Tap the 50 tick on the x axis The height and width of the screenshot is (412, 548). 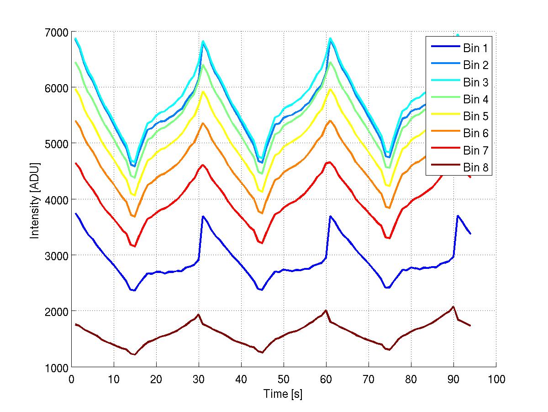(x=284, y=379)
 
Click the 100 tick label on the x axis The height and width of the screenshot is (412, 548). (x=496, y=379)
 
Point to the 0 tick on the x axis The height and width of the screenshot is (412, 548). (x=71, y=379)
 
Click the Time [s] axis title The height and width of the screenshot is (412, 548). (x=283, y=394)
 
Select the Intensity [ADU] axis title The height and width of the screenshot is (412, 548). (x=34, y=199)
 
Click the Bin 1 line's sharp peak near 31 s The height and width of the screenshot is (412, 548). (x=203, y=216)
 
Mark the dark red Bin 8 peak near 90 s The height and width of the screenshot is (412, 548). (x=453, y=307)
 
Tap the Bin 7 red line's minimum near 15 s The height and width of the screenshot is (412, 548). (x=135, y=246)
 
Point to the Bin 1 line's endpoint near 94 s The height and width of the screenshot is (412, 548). (x=470, y=234)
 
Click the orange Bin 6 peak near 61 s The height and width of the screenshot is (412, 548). (x=330, y=121)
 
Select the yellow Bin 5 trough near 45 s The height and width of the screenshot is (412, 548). (x=262, y=192)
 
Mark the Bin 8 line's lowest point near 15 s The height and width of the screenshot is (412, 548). (x=135, y=354)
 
